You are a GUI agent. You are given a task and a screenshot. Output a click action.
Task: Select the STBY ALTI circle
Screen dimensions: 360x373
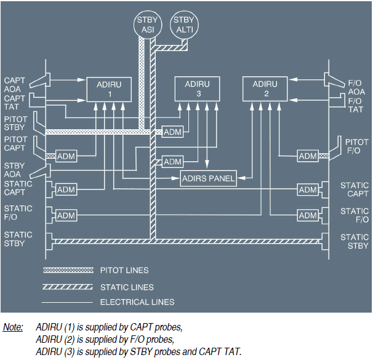coord(183,25)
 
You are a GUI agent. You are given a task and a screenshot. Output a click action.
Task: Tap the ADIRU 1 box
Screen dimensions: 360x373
coord(110,90)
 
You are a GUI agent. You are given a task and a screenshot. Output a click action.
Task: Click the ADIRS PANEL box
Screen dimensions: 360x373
coord(209,179)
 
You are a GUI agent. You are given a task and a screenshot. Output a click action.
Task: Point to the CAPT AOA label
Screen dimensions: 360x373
coord(15,85)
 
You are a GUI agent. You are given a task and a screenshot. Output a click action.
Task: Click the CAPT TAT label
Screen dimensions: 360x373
coord(15,102)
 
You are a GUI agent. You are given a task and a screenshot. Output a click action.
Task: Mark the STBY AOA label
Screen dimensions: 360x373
coord(15,170)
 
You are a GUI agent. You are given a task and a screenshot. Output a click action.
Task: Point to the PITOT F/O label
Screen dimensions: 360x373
coord(357,146)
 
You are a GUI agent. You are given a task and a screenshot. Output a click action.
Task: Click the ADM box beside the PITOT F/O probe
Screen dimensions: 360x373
coord(308,156)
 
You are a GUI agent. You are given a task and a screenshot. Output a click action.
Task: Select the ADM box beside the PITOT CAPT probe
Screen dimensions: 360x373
coord(65,156)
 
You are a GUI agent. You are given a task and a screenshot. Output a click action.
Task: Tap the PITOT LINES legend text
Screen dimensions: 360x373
coord(124,270)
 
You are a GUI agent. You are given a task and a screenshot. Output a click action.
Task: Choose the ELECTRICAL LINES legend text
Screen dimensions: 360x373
coord(137,302)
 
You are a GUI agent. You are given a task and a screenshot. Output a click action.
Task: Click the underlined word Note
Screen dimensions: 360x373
coord(13,327)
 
